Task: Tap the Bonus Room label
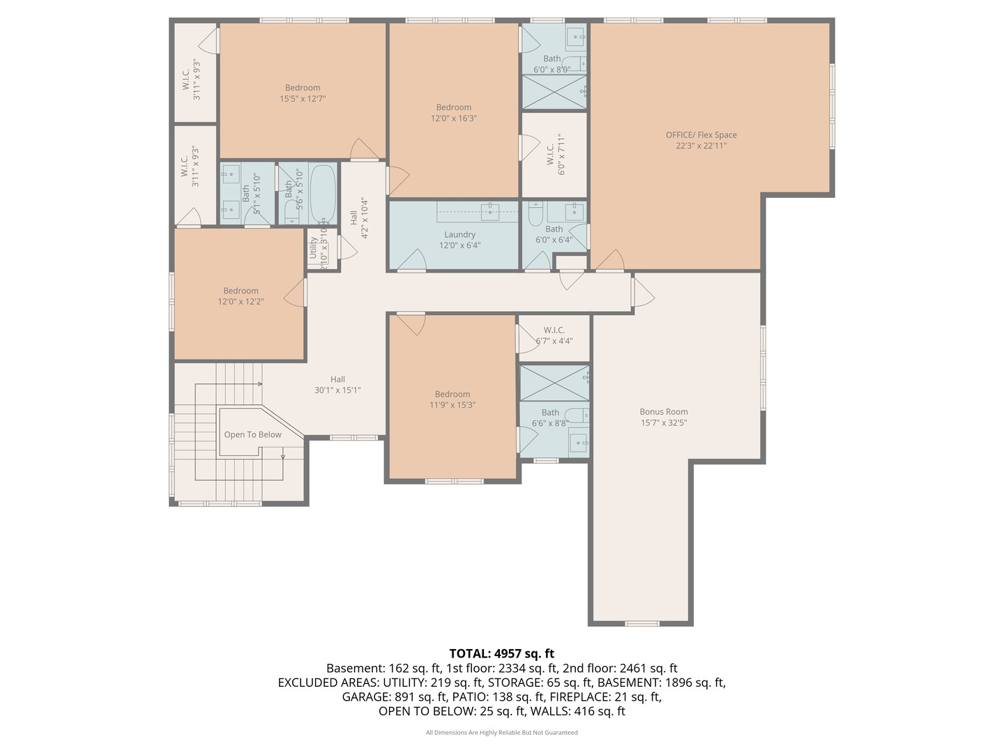[664, 412]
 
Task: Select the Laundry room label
[459, 235]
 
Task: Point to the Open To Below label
[252, 435]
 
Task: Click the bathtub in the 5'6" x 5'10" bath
[322, 192]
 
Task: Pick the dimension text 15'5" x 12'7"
[303, 99]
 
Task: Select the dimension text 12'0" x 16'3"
[453, 119]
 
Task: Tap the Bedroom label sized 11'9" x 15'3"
[452, 394]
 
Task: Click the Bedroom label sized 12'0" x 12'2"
[241, 291]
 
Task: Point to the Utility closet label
[313, 248]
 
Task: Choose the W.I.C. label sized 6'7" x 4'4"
[554, 330]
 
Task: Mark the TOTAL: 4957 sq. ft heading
[501, 653]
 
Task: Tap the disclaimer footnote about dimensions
[501, 733]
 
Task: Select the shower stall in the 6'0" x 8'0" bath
[554, 92]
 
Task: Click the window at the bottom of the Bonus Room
[641, 623]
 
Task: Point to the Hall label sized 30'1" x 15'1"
[337, 379]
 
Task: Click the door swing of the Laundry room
[413, 261]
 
